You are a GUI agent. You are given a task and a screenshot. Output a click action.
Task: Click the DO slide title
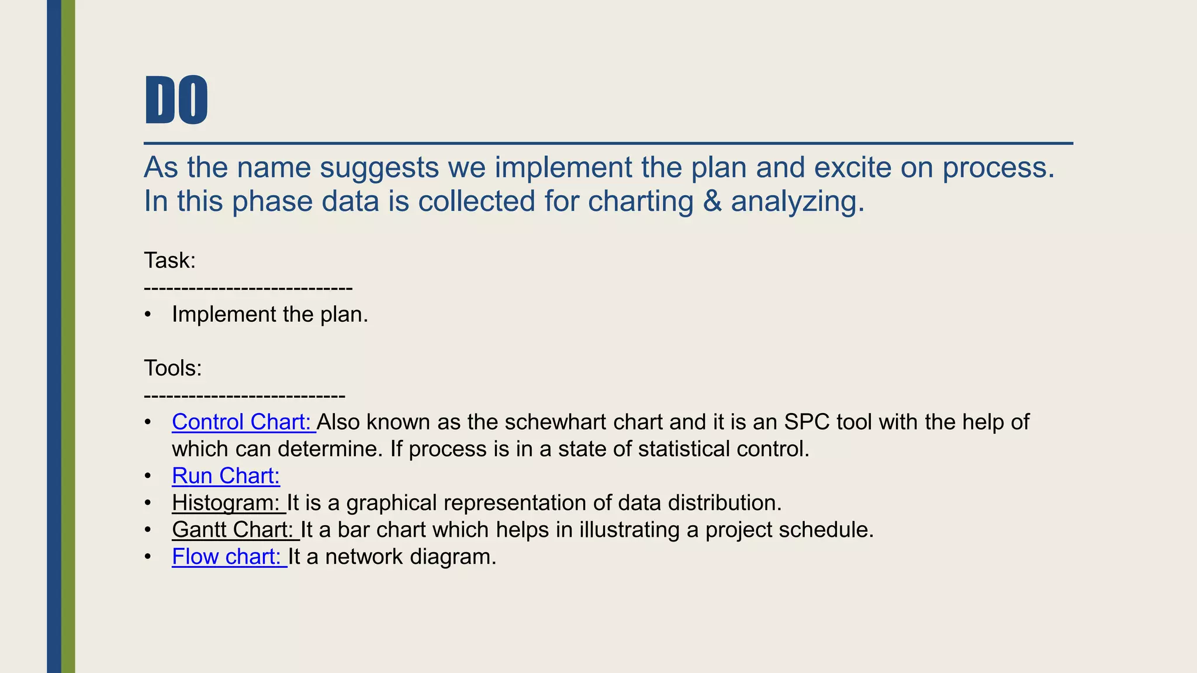[x=176, y=100]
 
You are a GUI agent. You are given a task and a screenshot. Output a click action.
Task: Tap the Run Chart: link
[x=226, y=476]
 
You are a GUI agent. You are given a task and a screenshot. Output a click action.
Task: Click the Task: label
[x=169, y=261]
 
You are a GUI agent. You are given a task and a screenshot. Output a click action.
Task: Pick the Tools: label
[x=172, y=368]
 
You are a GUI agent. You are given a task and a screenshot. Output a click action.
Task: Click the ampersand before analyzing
[x=712, y=201]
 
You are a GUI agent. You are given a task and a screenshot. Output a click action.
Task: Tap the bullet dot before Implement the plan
[x=148, y=315]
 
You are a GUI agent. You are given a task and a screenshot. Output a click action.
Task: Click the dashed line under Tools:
[x=244, y=396]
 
